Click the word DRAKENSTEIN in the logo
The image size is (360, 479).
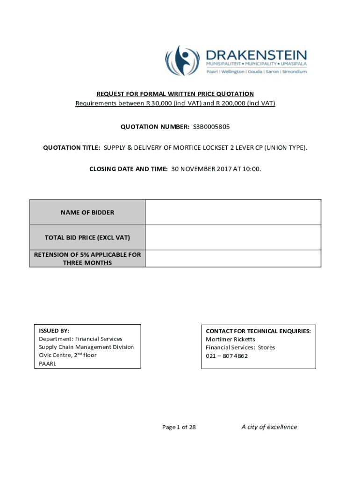coord(257,55)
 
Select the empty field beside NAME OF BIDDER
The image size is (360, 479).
coord(233,212)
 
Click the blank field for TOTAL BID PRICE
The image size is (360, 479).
coord(233,238)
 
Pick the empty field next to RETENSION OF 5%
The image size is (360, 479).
coord(233,259)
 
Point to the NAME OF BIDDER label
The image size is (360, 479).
coord(87,212)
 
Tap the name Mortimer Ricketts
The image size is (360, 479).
coord(230,339)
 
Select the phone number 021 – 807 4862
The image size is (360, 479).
coord(227,356)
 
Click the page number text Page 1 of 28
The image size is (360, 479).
coord(179,427)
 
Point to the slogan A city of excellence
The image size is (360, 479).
coord(269,427)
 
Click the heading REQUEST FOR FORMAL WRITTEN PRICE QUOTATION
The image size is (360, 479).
coord(175,94)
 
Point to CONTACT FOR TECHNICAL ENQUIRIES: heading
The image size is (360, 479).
coord(258,331)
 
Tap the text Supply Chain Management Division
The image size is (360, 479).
coord(86,347)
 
